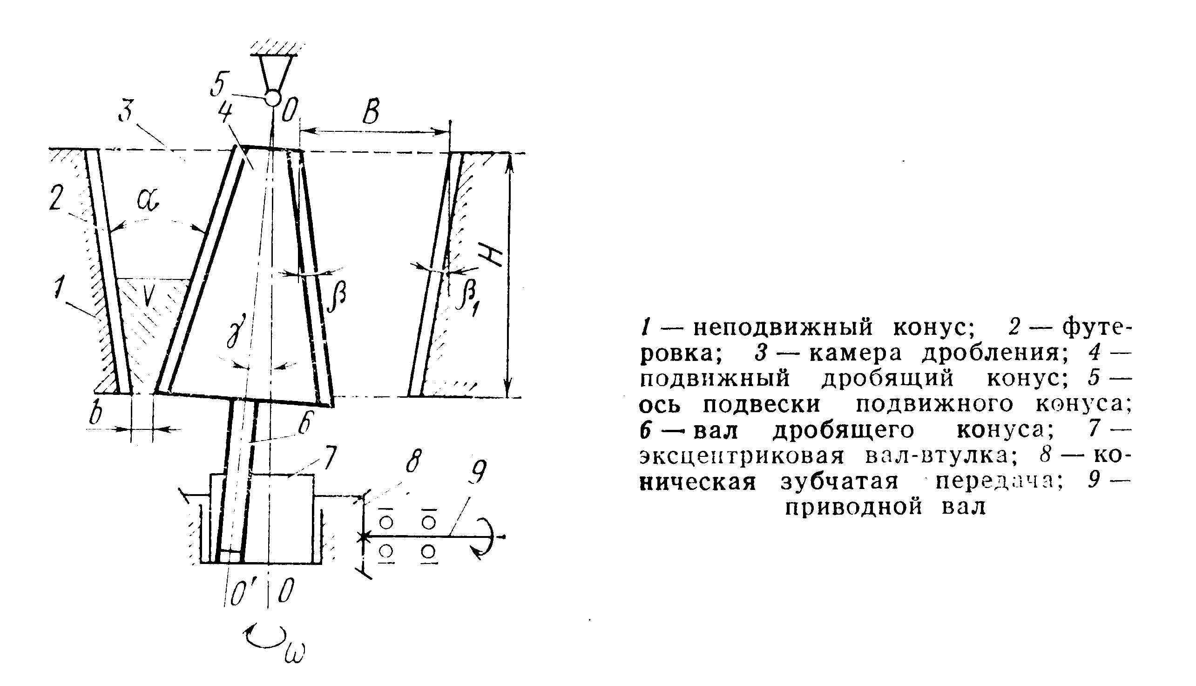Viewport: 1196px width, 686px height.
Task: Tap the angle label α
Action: point(148,200)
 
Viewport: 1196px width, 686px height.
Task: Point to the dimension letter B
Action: point(371,112)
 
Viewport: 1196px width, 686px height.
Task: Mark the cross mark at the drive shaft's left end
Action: point(364,537)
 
